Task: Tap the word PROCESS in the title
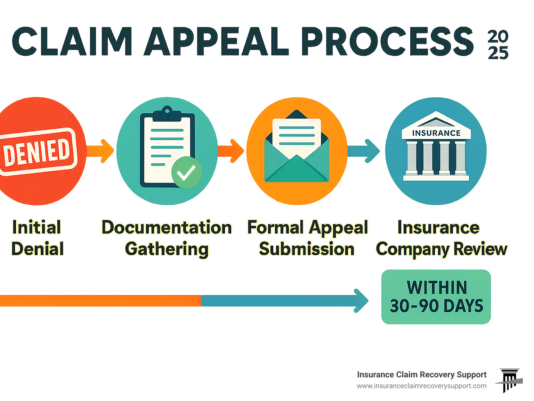click(387, 42)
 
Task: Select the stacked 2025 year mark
click(498, 45)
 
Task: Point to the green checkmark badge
click(186, 173)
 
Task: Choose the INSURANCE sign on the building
click(436, 133)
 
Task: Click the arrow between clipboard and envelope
click(231, 151)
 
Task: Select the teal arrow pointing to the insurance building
click(364, 151)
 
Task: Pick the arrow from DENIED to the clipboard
click(100, 151)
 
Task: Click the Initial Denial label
click(37, 238)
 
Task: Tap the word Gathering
click(167, 249)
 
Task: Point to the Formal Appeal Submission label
click(307, 238)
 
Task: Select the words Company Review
click(442, 249)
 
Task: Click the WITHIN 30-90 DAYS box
click(436, 297)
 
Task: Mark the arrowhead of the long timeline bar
click(361, 301)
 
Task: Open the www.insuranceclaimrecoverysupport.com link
click(421, 386)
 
